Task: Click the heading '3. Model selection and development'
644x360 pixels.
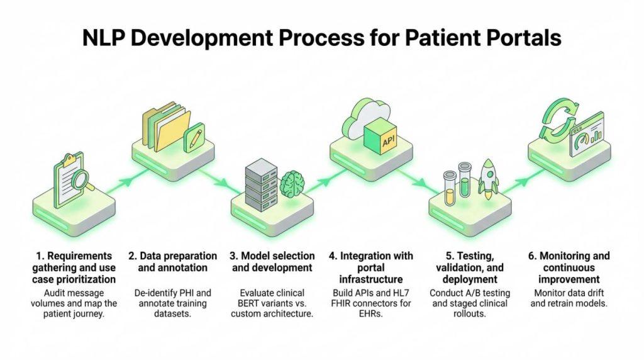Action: (272, 262)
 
